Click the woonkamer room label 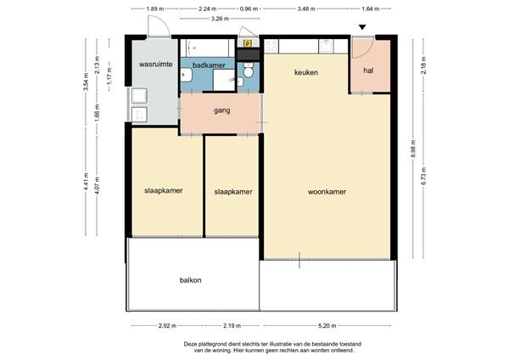coord(327,191)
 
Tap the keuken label coord(305,73)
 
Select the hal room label coord(369,71)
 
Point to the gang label coord(222,110)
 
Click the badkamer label coord(208,65)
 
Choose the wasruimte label coord(155,65)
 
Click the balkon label coord(190,279)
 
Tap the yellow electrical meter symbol coord(247,42)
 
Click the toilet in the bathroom coord(249,80)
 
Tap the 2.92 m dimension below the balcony coord(167,325)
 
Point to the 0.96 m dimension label coord(248,8)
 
